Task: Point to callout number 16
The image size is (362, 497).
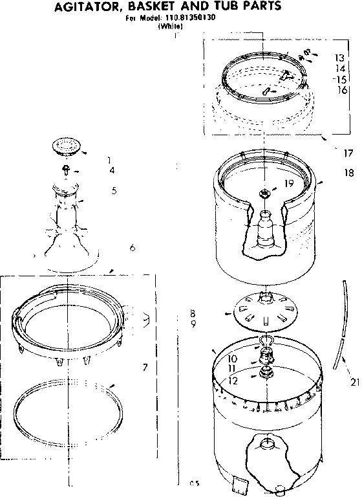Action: (x=342, y=90)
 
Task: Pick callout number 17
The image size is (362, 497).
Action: (x=348, y=153)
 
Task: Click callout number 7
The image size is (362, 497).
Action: (x=145, y=368)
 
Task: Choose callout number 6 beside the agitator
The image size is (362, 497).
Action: (x=132, y=247)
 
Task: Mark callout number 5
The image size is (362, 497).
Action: (x=113, y=190)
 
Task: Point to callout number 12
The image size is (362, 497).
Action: (x=233, y=381)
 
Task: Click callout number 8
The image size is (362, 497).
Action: (x=193, y=313)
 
